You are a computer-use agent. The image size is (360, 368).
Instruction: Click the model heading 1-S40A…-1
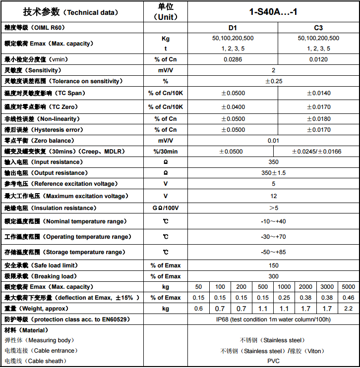click(273, 11)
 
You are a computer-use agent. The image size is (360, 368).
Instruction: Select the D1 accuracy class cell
click(233, 28)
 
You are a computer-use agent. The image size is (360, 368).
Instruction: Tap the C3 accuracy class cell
click(318, 28)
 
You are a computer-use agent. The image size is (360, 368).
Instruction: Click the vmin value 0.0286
click(233, 59)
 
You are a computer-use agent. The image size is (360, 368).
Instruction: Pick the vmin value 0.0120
click(318, 59)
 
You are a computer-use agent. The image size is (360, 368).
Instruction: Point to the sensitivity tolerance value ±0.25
click(273, 81)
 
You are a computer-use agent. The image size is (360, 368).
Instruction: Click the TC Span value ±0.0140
click(318, 93)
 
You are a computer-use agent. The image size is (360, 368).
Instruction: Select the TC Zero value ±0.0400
click(233, 107)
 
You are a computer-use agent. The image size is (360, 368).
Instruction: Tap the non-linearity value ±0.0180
click(318, 119)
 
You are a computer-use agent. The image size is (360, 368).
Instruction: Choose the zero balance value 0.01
click(273, 141)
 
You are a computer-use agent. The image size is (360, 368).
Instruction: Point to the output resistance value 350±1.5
click(273, 173)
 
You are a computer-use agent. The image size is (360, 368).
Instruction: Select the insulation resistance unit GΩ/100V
click(165, 208)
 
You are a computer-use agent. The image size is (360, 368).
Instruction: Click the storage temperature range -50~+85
click(273, 252)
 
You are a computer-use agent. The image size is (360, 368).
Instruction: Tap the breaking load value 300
click(273, 276)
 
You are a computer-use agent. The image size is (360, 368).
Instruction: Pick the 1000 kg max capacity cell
click(284, 287)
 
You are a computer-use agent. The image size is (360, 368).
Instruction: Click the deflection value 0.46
click(348, 298)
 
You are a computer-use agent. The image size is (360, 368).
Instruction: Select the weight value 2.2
click(348, 309)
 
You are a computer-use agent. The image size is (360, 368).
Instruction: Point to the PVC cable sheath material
click(273, 361)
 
